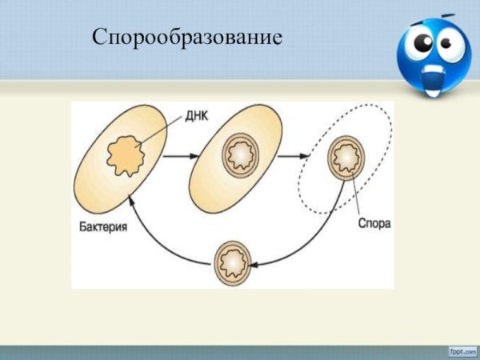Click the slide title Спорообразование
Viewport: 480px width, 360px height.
coord(187,37)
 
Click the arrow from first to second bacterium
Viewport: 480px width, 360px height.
coord(181,157)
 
